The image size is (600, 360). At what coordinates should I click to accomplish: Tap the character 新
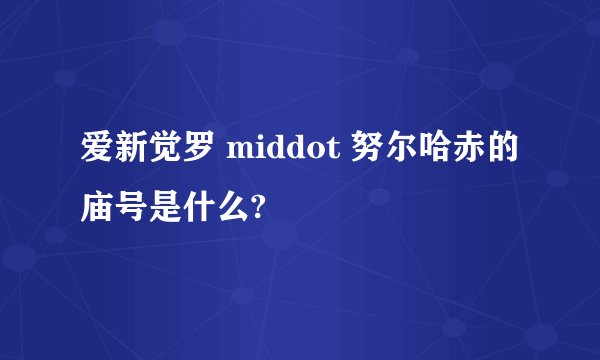point(133,152)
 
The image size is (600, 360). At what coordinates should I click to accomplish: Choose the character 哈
point(433,152)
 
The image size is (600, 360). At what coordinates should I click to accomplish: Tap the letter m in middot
point(241,154)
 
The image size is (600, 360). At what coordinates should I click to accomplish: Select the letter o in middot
point(316,154)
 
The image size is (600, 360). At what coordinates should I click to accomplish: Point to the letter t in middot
point(332,153)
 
